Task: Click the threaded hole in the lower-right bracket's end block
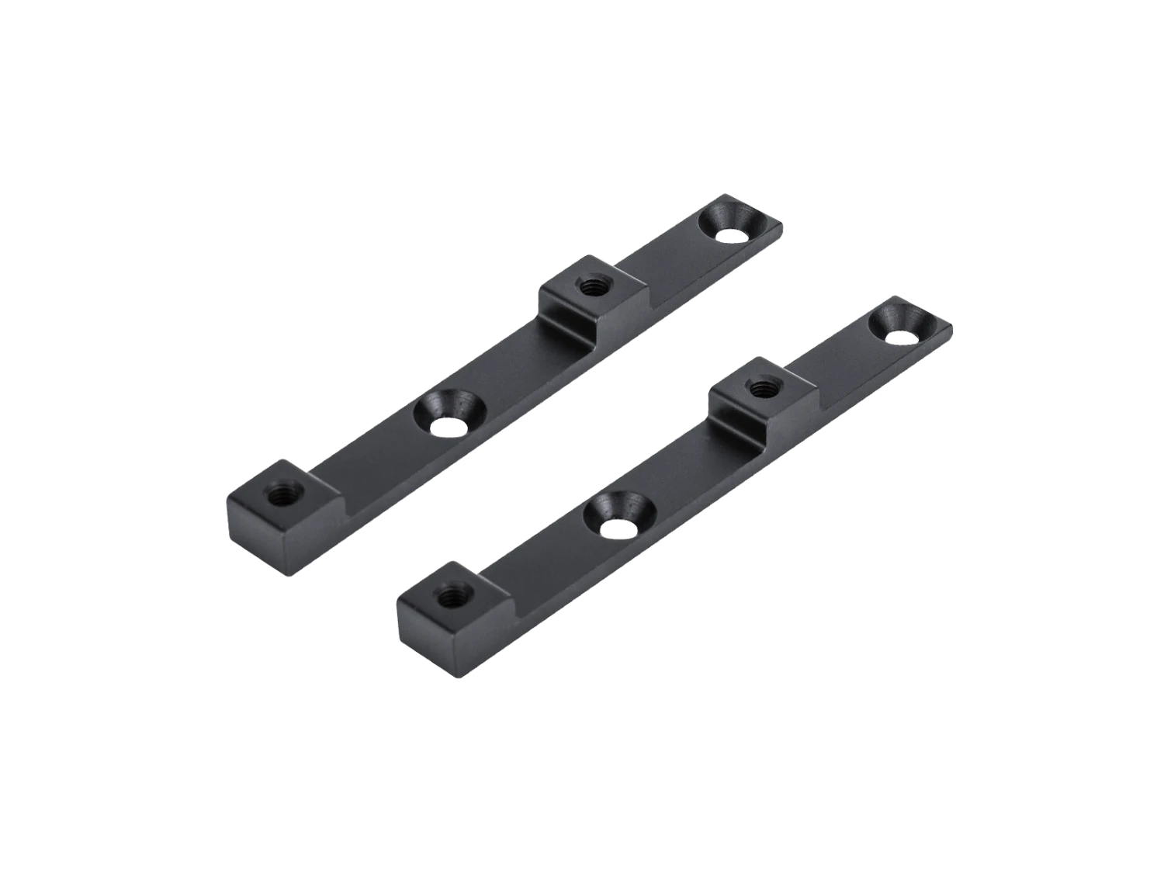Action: [x=449, y=596]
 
